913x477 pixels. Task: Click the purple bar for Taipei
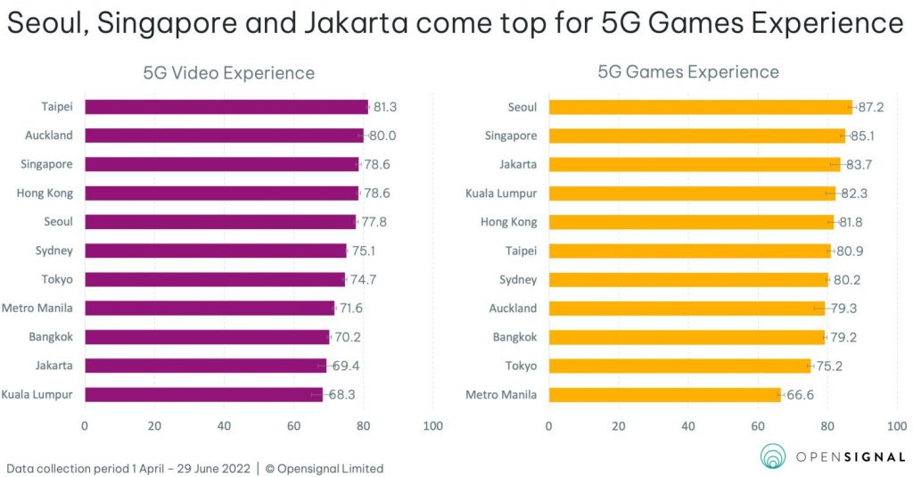coord(226,107)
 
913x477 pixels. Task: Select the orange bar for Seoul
coord(700,107)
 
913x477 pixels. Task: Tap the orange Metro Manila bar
coord(664,394)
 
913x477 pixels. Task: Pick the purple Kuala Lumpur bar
coord(203,394)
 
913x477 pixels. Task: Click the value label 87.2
coord(873,107)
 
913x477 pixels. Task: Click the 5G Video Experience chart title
coord(229,73)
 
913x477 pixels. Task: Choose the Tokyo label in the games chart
coord(521,366)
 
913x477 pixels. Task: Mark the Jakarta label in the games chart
coord(518,164)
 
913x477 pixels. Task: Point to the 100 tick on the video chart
coord(432,426)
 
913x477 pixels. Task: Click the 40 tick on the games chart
coord(688,426)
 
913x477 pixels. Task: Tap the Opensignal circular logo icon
coord(773,456)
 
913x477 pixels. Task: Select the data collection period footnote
coord(194,468)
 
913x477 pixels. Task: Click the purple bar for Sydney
coord(215,251)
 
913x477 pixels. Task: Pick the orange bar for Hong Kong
coord(691,222)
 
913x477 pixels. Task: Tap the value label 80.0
coord(383,136)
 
